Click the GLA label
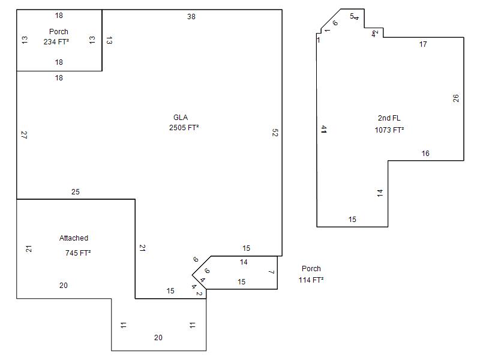[x=181, y=118]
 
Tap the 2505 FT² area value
[x=184, y=128]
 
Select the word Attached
[x=74, y=238]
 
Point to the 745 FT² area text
[x=78, y=253]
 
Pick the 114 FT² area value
[x=311, y=280]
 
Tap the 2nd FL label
[x=388, y=118]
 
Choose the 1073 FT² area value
[x=389, y=130]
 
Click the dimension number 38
[x=191, y=17]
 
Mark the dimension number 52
[x=275, y=133]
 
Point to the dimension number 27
[x=25, y=135]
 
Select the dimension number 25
[x=75, y=192]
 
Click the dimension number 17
[x=423, y=44]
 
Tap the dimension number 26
[x=456, y=98]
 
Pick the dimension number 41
[x=323, y=129]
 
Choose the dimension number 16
[x=425, y=154]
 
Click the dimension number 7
[x=271, y=272]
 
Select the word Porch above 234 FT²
[x=59, y=32]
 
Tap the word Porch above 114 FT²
[x=311, y=269]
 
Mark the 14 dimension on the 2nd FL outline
[x=380, y=193]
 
